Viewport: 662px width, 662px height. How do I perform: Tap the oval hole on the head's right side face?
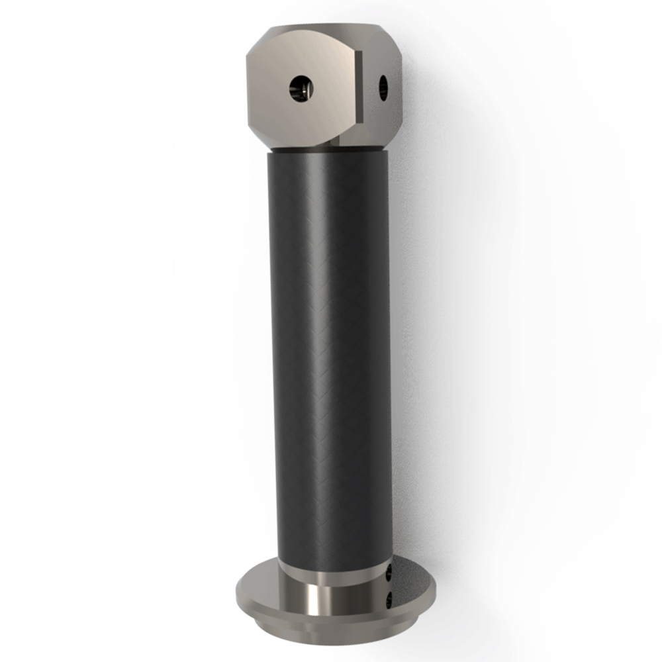[383, 87]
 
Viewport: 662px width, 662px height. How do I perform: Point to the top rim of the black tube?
[328, 156]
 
